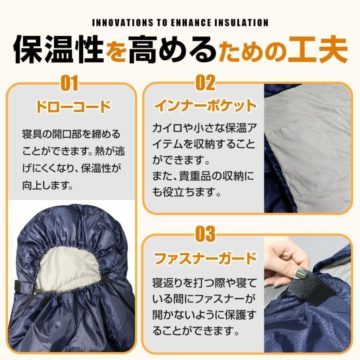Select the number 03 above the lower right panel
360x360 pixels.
pyautogui.click(x=205, y=234)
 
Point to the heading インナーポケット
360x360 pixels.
pyautogui.click(x=205, y=106)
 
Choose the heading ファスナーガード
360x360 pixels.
pyautogui.click(x=205, y=258)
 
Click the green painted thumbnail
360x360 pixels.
pyautogui.click(x=300, y=274)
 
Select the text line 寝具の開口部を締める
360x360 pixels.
pyautogui.click(x=71, y=134)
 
